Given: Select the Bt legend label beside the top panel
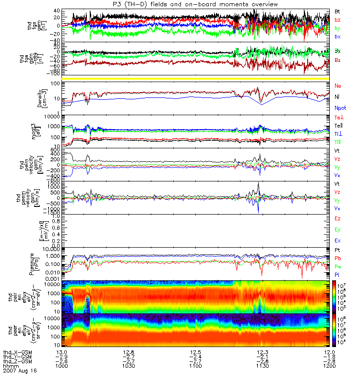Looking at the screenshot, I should [x=338, y=11].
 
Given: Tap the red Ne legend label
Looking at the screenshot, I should [x=338, y=86].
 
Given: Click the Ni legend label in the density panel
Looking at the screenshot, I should [x=338, y=96].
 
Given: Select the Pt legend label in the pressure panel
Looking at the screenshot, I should [x=338, y=251].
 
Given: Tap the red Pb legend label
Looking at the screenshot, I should [x=338, y=259].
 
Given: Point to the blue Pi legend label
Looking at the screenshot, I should [x=338, y=274].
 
